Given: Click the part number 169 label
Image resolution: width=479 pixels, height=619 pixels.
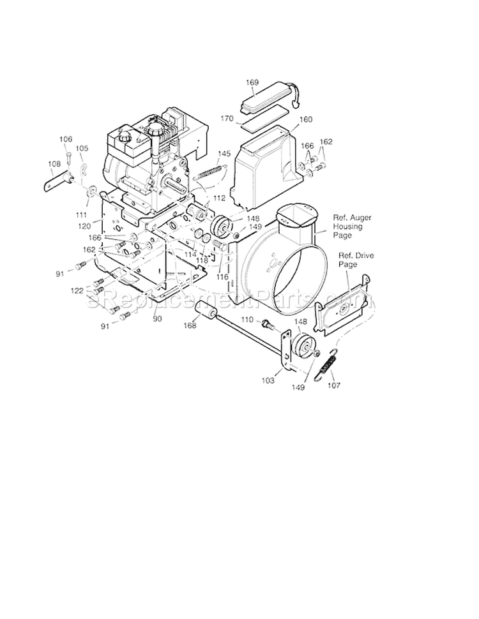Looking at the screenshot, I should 252,82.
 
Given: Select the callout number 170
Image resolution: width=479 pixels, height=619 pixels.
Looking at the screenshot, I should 245,118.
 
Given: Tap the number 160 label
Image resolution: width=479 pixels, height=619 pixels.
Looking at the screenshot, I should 306,119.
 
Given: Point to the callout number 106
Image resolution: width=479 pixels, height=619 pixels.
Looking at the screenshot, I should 66,139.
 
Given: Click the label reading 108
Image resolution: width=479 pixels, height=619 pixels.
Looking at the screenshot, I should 54,163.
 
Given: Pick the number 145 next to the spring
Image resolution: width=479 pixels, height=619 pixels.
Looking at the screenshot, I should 224,154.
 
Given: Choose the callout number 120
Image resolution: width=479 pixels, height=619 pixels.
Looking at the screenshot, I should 84,226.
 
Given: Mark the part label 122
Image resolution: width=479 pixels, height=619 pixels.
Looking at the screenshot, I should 77,290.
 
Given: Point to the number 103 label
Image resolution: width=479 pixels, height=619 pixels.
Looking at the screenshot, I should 268,380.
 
